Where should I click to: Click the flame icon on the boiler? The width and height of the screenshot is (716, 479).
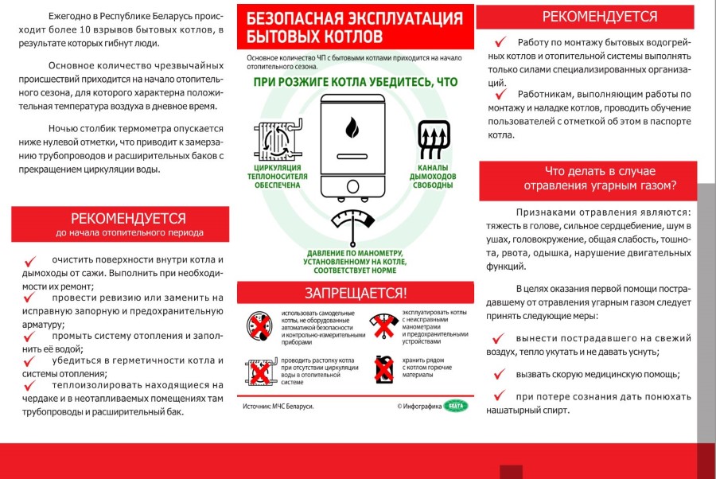(350, 128)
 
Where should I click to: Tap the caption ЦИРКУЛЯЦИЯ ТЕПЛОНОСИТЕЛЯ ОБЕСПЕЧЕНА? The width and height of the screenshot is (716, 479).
(277, 176)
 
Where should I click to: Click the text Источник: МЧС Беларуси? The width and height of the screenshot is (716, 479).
(278, 406)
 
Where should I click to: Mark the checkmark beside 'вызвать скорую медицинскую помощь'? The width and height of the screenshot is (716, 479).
(499, 373)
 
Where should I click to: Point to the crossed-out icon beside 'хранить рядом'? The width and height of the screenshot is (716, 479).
(383, 368)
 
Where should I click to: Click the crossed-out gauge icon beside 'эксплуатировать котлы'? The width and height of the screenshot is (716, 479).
(383, 324)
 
